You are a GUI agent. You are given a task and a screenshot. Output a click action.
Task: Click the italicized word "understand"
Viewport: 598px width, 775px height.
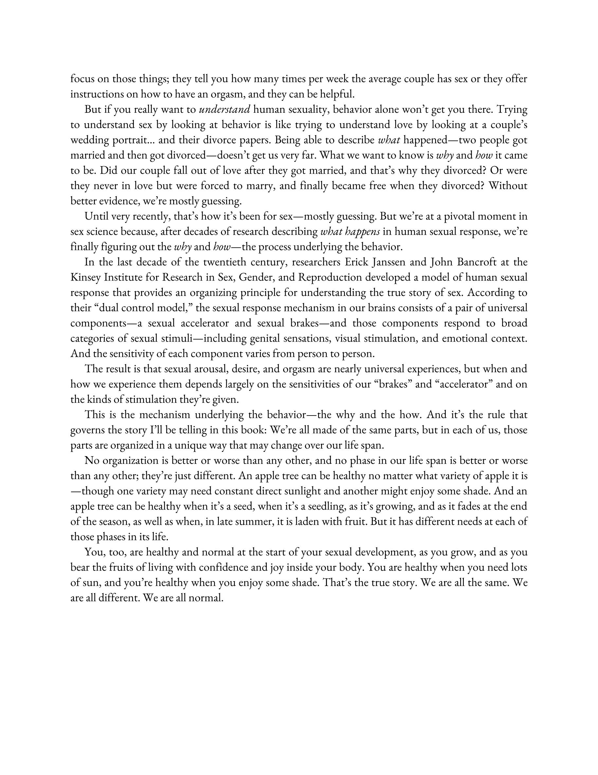(x=225, y=109)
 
